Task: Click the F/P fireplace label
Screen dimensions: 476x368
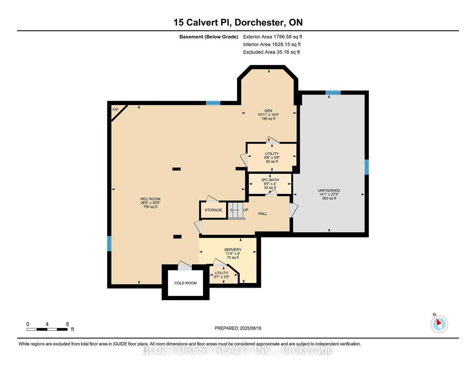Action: [x=115, y=109]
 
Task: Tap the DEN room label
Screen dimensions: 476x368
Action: [x=268, y=111]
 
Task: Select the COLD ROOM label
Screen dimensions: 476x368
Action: [x=185, y=283]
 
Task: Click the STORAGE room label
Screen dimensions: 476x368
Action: [x=213, y=210]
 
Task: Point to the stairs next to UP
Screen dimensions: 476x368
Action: [x=236, y=210]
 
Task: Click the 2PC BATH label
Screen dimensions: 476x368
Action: [x=270, y=180]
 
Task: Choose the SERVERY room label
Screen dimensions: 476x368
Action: [x=233, y=250]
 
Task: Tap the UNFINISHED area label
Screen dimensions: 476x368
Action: [x=329, y=190]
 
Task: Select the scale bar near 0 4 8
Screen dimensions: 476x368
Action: [x=47, y=329]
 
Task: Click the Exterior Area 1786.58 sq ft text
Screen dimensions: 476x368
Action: [x=273, y=37]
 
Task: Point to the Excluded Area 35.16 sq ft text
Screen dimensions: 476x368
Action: [x=271, y=52]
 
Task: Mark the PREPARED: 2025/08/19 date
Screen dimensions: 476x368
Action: [x=238, y=328]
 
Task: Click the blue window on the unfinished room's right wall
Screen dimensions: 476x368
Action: [x=367, y=167]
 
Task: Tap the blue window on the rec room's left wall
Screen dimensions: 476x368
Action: [x=109, y=243]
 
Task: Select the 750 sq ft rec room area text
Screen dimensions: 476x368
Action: [x=150, y=206]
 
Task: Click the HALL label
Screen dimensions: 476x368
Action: [x=262, y=214]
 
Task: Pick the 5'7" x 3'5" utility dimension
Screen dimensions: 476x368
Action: [x=221, y=277]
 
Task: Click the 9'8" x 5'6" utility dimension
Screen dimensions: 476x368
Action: [x=272, y=157]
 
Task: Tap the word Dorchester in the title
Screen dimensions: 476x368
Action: [x=260, y=22]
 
